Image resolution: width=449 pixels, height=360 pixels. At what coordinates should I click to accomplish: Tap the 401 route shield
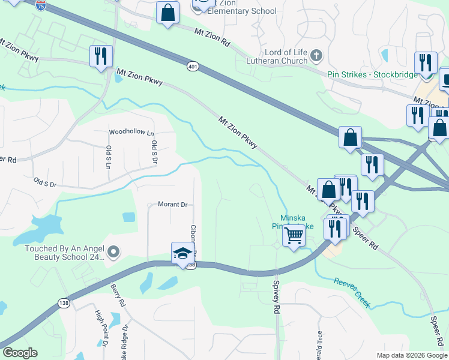192,65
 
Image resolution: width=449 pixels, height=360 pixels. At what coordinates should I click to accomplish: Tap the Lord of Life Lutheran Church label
279,57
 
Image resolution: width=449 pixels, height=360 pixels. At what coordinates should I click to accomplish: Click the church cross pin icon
317,56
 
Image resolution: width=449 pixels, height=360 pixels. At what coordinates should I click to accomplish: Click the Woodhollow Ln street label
131,132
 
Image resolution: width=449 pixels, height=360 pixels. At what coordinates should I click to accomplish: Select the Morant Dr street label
173,205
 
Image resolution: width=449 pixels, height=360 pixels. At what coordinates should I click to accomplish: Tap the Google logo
20,353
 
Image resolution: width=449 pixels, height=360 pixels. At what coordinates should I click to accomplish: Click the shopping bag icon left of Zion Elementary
167,13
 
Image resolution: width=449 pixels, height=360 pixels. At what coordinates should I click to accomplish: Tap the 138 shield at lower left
64,304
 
